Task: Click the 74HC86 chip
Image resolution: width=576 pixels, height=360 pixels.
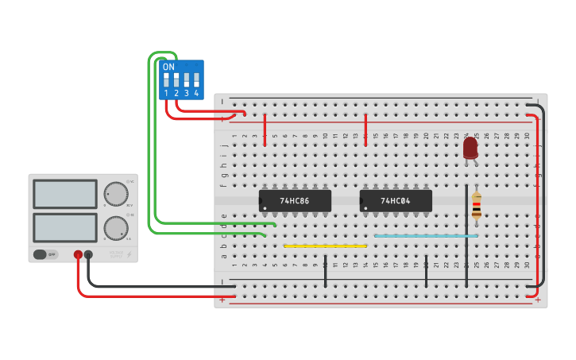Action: pos(295,201)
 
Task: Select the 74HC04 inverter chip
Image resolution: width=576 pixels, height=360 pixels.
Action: pos(396,201)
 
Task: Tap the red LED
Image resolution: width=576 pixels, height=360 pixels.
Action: pos(470,147)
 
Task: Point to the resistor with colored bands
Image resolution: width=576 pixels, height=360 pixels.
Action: pos(476,205)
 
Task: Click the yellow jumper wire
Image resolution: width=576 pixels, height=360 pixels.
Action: pos(325,246)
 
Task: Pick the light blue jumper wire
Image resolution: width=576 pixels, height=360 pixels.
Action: pos(426,236)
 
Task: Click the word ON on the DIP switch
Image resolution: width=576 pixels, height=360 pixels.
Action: pos(168,68)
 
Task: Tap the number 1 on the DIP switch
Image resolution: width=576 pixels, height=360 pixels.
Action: pos(166,94)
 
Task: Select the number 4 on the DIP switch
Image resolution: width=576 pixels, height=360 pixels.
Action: pos(196,94)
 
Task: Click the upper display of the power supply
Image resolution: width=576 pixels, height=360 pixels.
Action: pos(64,194)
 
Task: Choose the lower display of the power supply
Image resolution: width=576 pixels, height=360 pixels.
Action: pos(64,227)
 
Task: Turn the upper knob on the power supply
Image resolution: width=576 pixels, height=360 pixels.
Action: pos(116,194)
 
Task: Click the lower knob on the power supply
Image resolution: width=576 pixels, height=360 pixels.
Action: pos(116,228)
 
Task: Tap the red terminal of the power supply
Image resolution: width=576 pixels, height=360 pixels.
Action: pos(78,255)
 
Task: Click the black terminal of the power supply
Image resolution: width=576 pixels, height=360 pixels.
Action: pos(88,255)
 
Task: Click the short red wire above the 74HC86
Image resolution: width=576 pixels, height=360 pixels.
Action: pos(265,130)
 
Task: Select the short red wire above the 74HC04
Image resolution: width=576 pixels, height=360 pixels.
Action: pos(365,130)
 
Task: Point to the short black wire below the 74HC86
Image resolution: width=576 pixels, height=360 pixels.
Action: pos(325,271)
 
